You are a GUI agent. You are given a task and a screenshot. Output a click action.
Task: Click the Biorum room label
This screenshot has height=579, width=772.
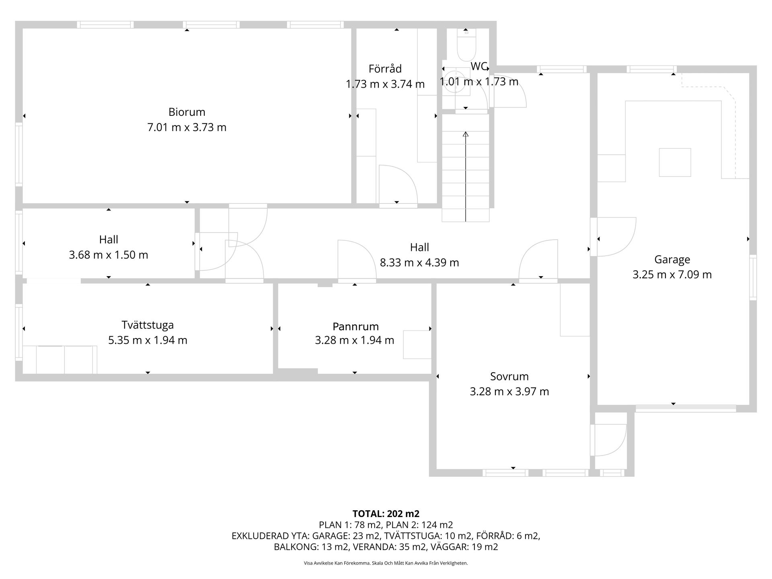coord(187,112)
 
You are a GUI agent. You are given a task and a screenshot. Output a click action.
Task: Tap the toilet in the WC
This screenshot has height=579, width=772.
coord(466,47)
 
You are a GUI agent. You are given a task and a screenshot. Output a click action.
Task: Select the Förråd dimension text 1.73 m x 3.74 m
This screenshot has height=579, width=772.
coord(385,84)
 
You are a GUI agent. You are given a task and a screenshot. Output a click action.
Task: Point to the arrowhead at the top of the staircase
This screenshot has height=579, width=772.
coord(466,134)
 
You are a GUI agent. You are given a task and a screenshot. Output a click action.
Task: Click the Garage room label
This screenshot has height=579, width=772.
coord(672,260)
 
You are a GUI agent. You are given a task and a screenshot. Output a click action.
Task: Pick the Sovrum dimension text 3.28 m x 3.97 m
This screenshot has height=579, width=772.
coord(509,391)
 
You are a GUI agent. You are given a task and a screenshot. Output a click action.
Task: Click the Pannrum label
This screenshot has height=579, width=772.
coord(355,326)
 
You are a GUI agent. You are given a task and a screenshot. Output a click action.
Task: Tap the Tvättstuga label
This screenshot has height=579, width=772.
coord(148,325)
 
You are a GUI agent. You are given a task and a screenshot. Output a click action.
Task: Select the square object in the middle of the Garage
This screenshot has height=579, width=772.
coord(675,162)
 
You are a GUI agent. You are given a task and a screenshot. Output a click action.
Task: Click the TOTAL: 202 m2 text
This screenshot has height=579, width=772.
coord(386,513)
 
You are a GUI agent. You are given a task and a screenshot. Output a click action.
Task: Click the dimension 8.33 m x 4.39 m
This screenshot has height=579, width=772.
coord(419,263)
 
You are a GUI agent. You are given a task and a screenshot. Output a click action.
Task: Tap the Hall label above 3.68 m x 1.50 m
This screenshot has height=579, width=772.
coord(109,240)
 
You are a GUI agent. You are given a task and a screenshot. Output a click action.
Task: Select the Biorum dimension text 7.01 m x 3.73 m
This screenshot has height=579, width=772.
coord(187,127)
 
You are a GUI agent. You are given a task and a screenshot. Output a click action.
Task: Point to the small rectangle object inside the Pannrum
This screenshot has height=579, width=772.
coord(417,344)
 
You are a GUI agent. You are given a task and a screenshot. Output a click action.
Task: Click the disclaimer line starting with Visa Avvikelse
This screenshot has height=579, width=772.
coord(386,563)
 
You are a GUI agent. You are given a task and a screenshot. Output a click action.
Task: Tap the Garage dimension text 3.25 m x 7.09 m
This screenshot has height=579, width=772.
coord(672,275)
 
